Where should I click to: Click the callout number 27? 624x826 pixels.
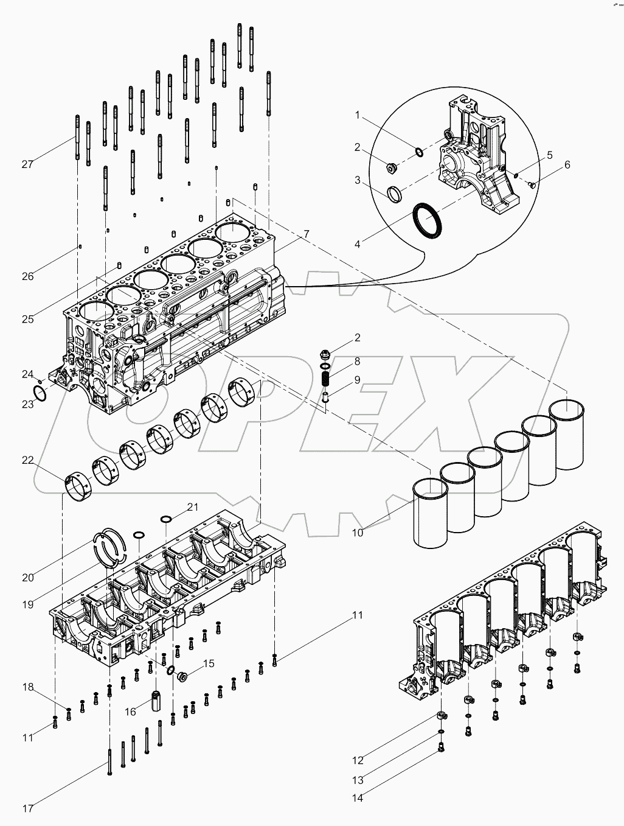(x=27, y=164)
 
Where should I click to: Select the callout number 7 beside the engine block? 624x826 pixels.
(x=307, y=234)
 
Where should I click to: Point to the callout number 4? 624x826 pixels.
(x=358, y=244)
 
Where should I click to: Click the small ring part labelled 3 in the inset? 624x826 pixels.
(x=395, y=194)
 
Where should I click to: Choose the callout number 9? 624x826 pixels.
(x=357, y=379)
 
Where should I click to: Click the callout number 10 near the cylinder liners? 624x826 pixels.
(x=358, y=532)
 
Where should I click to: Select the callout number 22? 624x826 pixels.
(x=27, y=460)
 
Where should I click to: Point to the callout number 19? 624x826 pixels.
(x=27, y=604)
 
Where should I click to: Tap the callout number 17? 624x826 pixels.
(x=27, y=808)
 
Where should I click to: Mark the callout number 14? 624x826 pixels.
(x=358, y=798)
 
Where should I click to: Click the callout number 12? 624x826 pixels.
(x=358, y=760)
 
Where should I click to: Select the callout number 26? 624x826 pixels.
(x=27, y=276)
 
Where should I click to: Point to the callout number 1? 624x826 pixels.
(x=358, y=115)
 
